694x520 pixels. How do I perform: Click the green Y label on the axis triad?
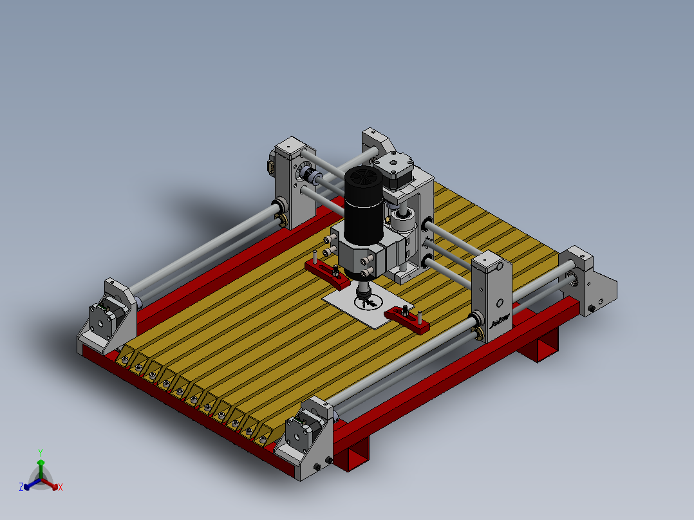tap(41, 452)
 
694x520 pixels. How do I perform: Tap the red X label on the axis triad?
tap(61, 488)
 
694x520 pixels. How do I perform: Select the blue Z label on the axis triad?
tap(21, 488)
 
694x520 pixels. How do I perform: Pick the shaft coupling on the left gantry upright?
tap(311, 178)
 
